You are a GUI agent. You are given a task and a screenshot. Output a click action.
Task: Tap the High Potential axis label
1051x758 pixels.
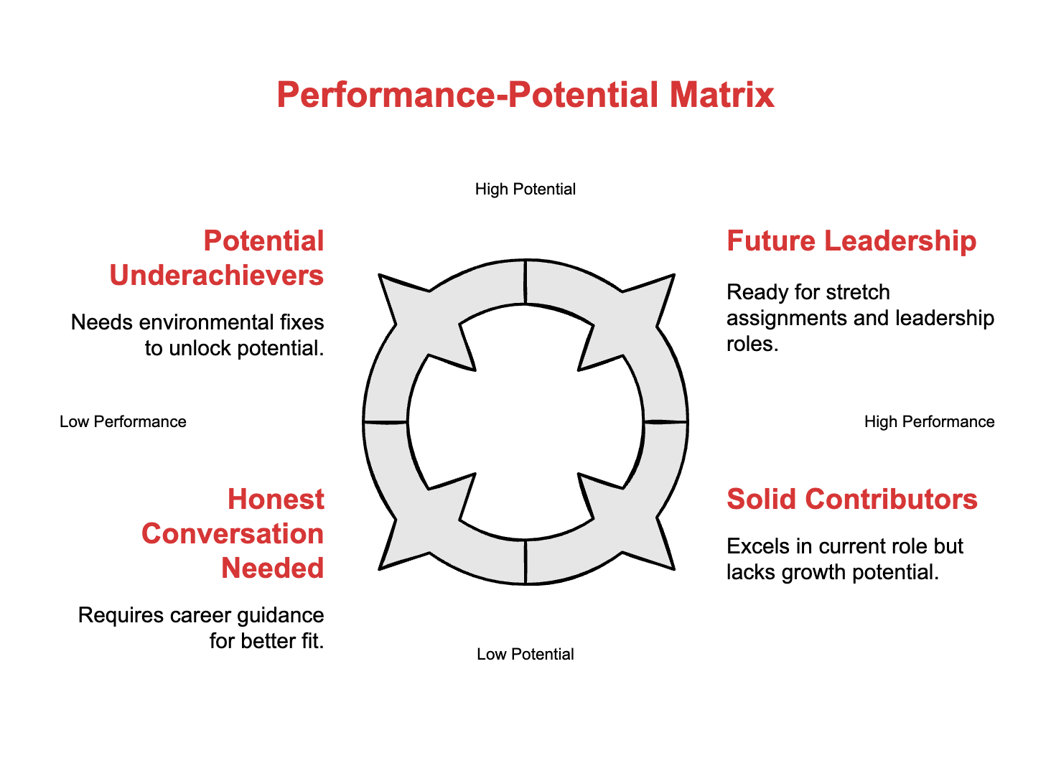(525, 189)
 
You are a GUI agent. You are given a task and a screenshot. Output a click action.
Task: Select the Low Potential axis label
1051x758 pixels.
(525, 655)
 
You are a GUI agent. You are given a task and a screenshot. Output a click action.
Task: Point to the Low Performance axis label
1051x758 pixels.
(123, 422)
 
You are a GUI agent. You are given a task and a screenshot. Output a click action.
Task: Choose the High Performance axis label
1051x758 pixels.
(929, 422)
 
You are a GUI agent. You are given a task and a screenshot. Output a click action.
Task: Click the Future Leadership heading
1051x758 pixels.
(851, 241)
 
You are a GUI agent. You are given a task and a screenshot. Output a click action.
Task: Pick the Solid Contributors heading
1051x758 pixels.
(852, 500)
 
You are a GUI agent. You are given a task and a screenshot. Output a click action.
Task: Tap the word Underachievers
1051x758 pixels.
(217, 276)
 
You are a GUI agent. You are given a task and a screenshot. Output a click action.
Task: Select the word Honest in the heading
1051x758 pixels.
(276, 500)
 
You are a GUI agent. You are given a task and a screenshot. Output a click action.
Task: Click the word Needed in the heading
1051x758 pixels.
(272, 568)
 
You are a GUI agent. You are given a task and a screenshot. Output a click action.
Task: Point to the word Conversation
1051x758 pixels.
(233, 534)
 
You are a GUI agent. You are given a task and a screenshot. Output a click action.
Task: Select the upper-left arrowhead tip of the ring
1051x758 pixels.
(380, 276)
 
